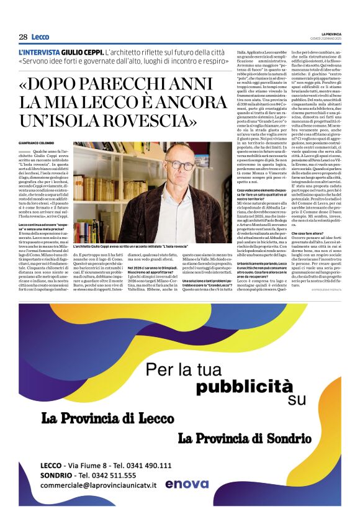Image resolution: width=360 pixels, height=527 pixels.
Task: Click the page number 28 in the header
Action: pos(22,37)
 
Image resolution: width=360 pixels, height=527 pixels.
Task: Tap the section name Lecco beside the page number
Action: pos(40,37)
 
